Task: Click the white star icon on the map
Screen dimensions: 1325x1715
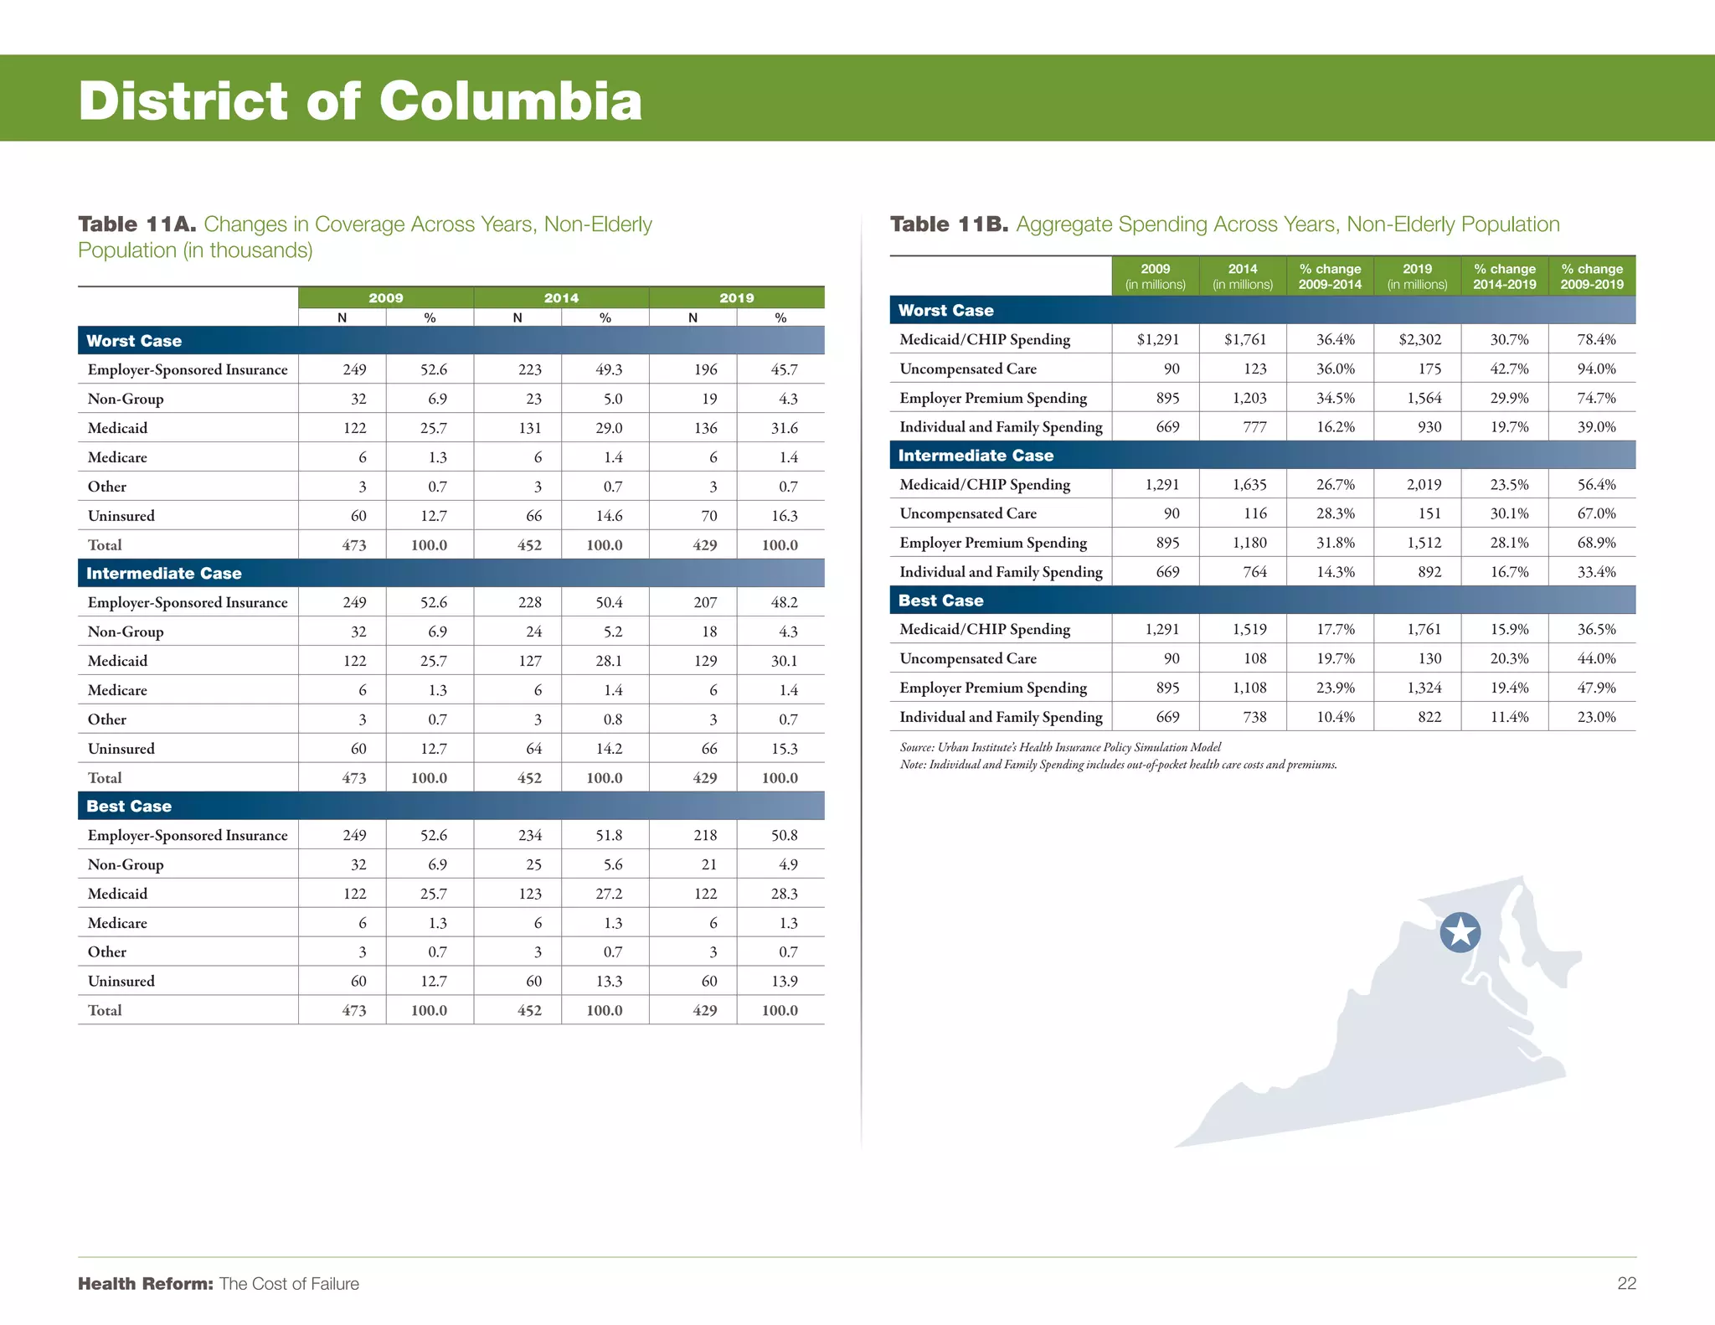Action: pos(1460,932)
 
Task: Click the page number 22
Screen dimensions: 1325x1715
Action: pos(1626,1283)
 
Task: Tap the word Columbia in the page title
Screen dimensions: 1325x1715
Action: pos(511,101)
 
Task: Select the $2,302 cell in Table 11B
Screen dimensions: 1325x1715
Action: pos(1420,339)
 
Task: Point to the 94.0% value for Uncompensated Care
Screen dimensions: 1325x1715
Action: pos(1596,369)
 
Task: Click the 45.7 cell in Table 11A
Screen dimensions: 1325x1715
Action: pos(784,369)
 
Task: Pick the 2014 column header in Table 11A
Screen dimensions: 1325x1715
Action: pos(561,297)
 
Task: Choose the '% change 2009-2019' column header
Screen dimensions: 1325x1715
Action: pos(1592,276)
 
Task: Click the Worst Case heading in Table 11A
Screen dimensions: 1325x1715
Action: pos(134,341)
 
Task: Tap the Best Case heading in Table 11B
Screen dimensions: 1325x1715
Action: pos(940,601)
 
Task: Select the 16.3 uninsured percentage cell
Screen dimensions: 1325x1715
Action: pos(784,516)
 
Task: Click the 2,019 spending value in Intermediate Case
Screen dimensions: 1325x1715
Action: pos(1424,484)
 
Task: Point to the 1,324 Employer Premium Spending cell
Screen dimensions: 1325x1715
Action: pos(1424,688)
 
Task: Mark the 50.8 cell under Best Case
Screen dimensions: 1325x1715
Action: pos(784,835)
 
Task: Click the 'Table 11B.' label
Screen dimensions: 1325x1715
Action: pos(949,224)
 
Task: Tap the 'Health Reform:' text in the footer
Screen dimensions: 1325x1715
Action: pos(146,1283)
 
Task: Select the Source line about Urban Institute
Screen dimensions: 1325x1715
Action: pos(1060,747)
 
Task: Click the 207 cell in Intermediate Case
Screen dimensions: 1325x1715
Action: pos(705,602)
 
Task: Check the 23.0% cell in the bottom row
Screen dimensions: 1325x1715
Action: pos(1596,717)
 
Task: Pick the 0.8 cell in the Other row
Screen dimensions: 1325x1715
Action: pos(613,719)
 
